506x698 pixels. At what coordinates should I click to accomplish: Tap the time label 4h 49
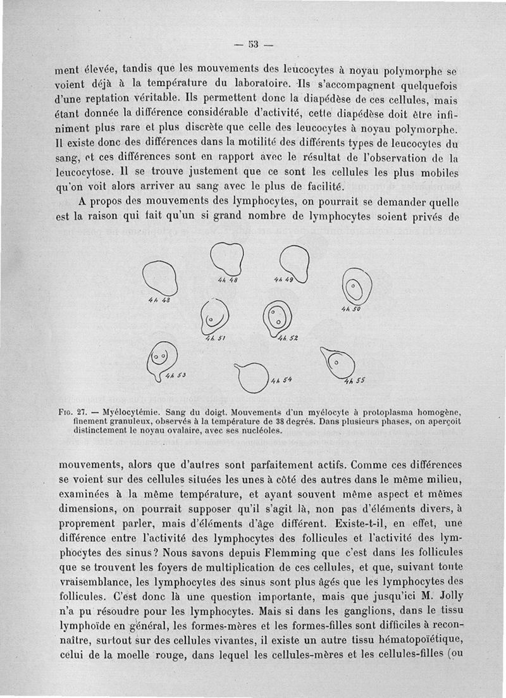tap(284, 279)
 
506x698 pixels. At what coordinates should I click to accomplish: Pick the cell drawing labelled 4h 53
tap(161, 361)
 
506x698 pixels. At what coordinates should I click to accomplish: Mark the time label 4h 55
tap(355, 382)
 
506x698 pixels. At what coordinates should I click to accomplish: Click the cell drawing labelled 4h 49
tap(295, 261)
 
